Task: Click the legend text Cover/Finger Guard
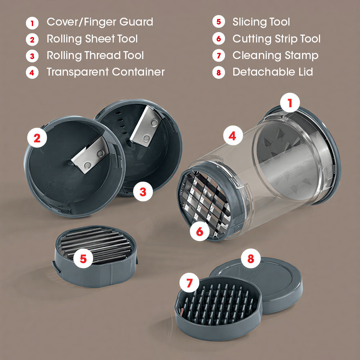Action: (x=100, y=22)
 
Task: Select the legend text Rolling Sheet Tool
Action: (x=92, y=39)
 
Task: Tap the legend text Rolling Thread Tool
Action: (x=95, y=55)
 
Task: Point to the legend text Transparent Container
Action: (x=106, y=72)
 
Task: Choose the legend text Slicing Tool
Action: (x=261, y=22)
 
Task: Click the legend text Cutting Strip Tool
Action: (x=276, y=39)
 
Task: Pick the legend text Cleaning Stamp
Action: (x=275, y=56)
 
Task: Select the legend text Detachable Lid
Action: (x=273, y=72)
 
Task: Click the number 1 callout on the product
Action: (x=290, y=103)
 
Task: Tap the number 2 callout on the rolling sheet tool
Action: (x=37, y=138)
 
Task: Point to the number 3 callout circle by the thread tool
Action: (x=143, y=192)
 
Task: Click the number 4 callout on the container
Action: (x=233, y=135)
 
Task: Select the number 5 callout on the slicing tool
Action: (x=83, y=258)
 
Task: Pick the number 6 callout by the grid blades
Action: (x=199, y=231)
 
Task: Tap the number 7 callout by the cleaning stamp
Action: (x=189, y=283)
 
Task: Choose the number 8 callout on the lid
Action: (x=251, y=258)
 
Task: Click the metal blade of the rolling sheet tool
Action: (x=90, y=155)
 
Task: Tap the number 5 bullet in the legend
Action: (x=219, y=22)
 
